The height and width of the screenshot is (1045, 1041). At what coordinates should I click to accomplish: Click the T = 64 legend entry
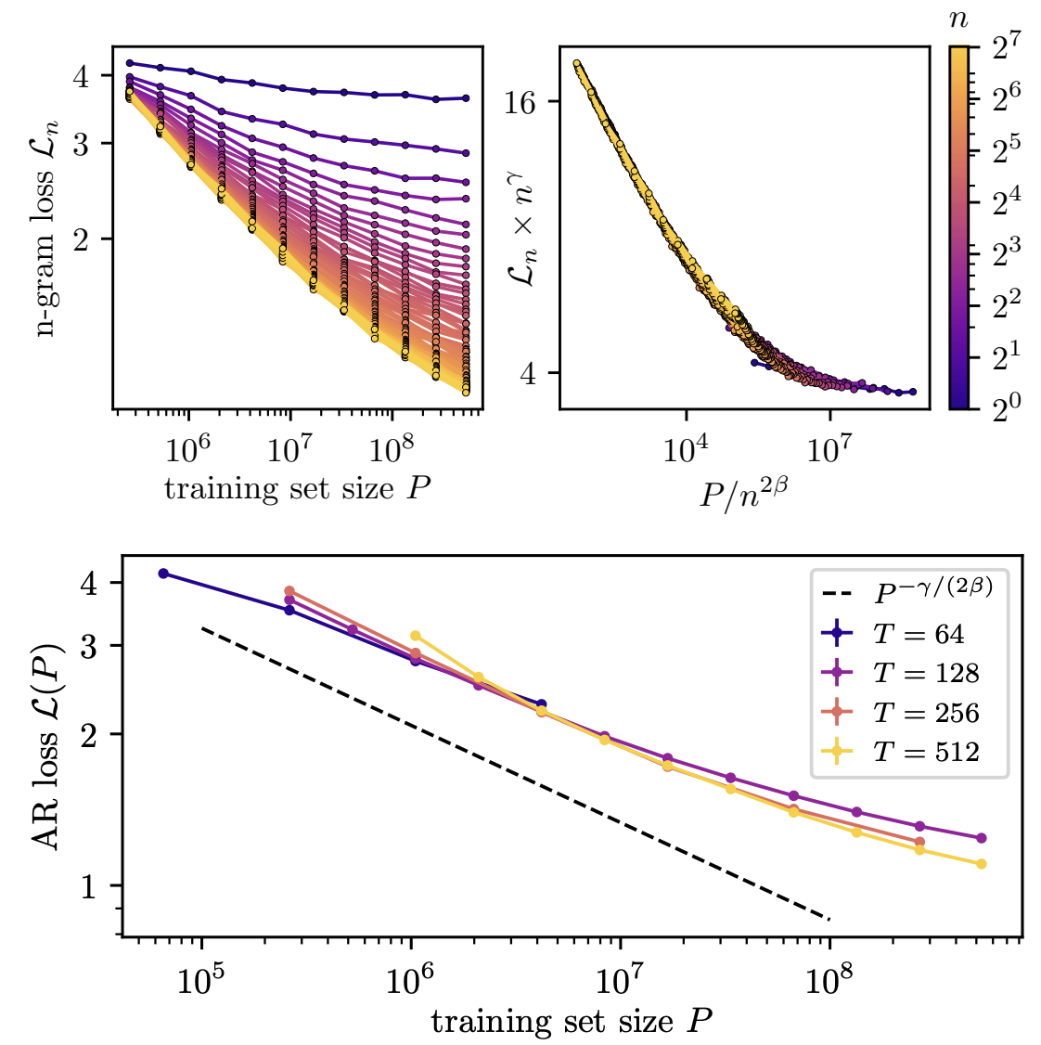point(919,634)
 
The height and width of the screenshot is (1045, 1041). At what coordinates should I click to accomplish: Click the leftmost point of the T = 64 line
point(163,574)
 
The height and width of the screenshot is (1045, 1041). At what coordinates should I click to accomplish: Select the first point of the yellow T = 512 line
point(416,636)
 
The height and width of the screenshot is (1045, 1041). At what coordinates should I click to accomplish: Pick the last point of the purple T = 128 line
point(982,838)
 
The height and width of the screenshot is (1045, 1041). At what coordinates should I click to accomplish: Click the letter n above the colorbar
point(960,20)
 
